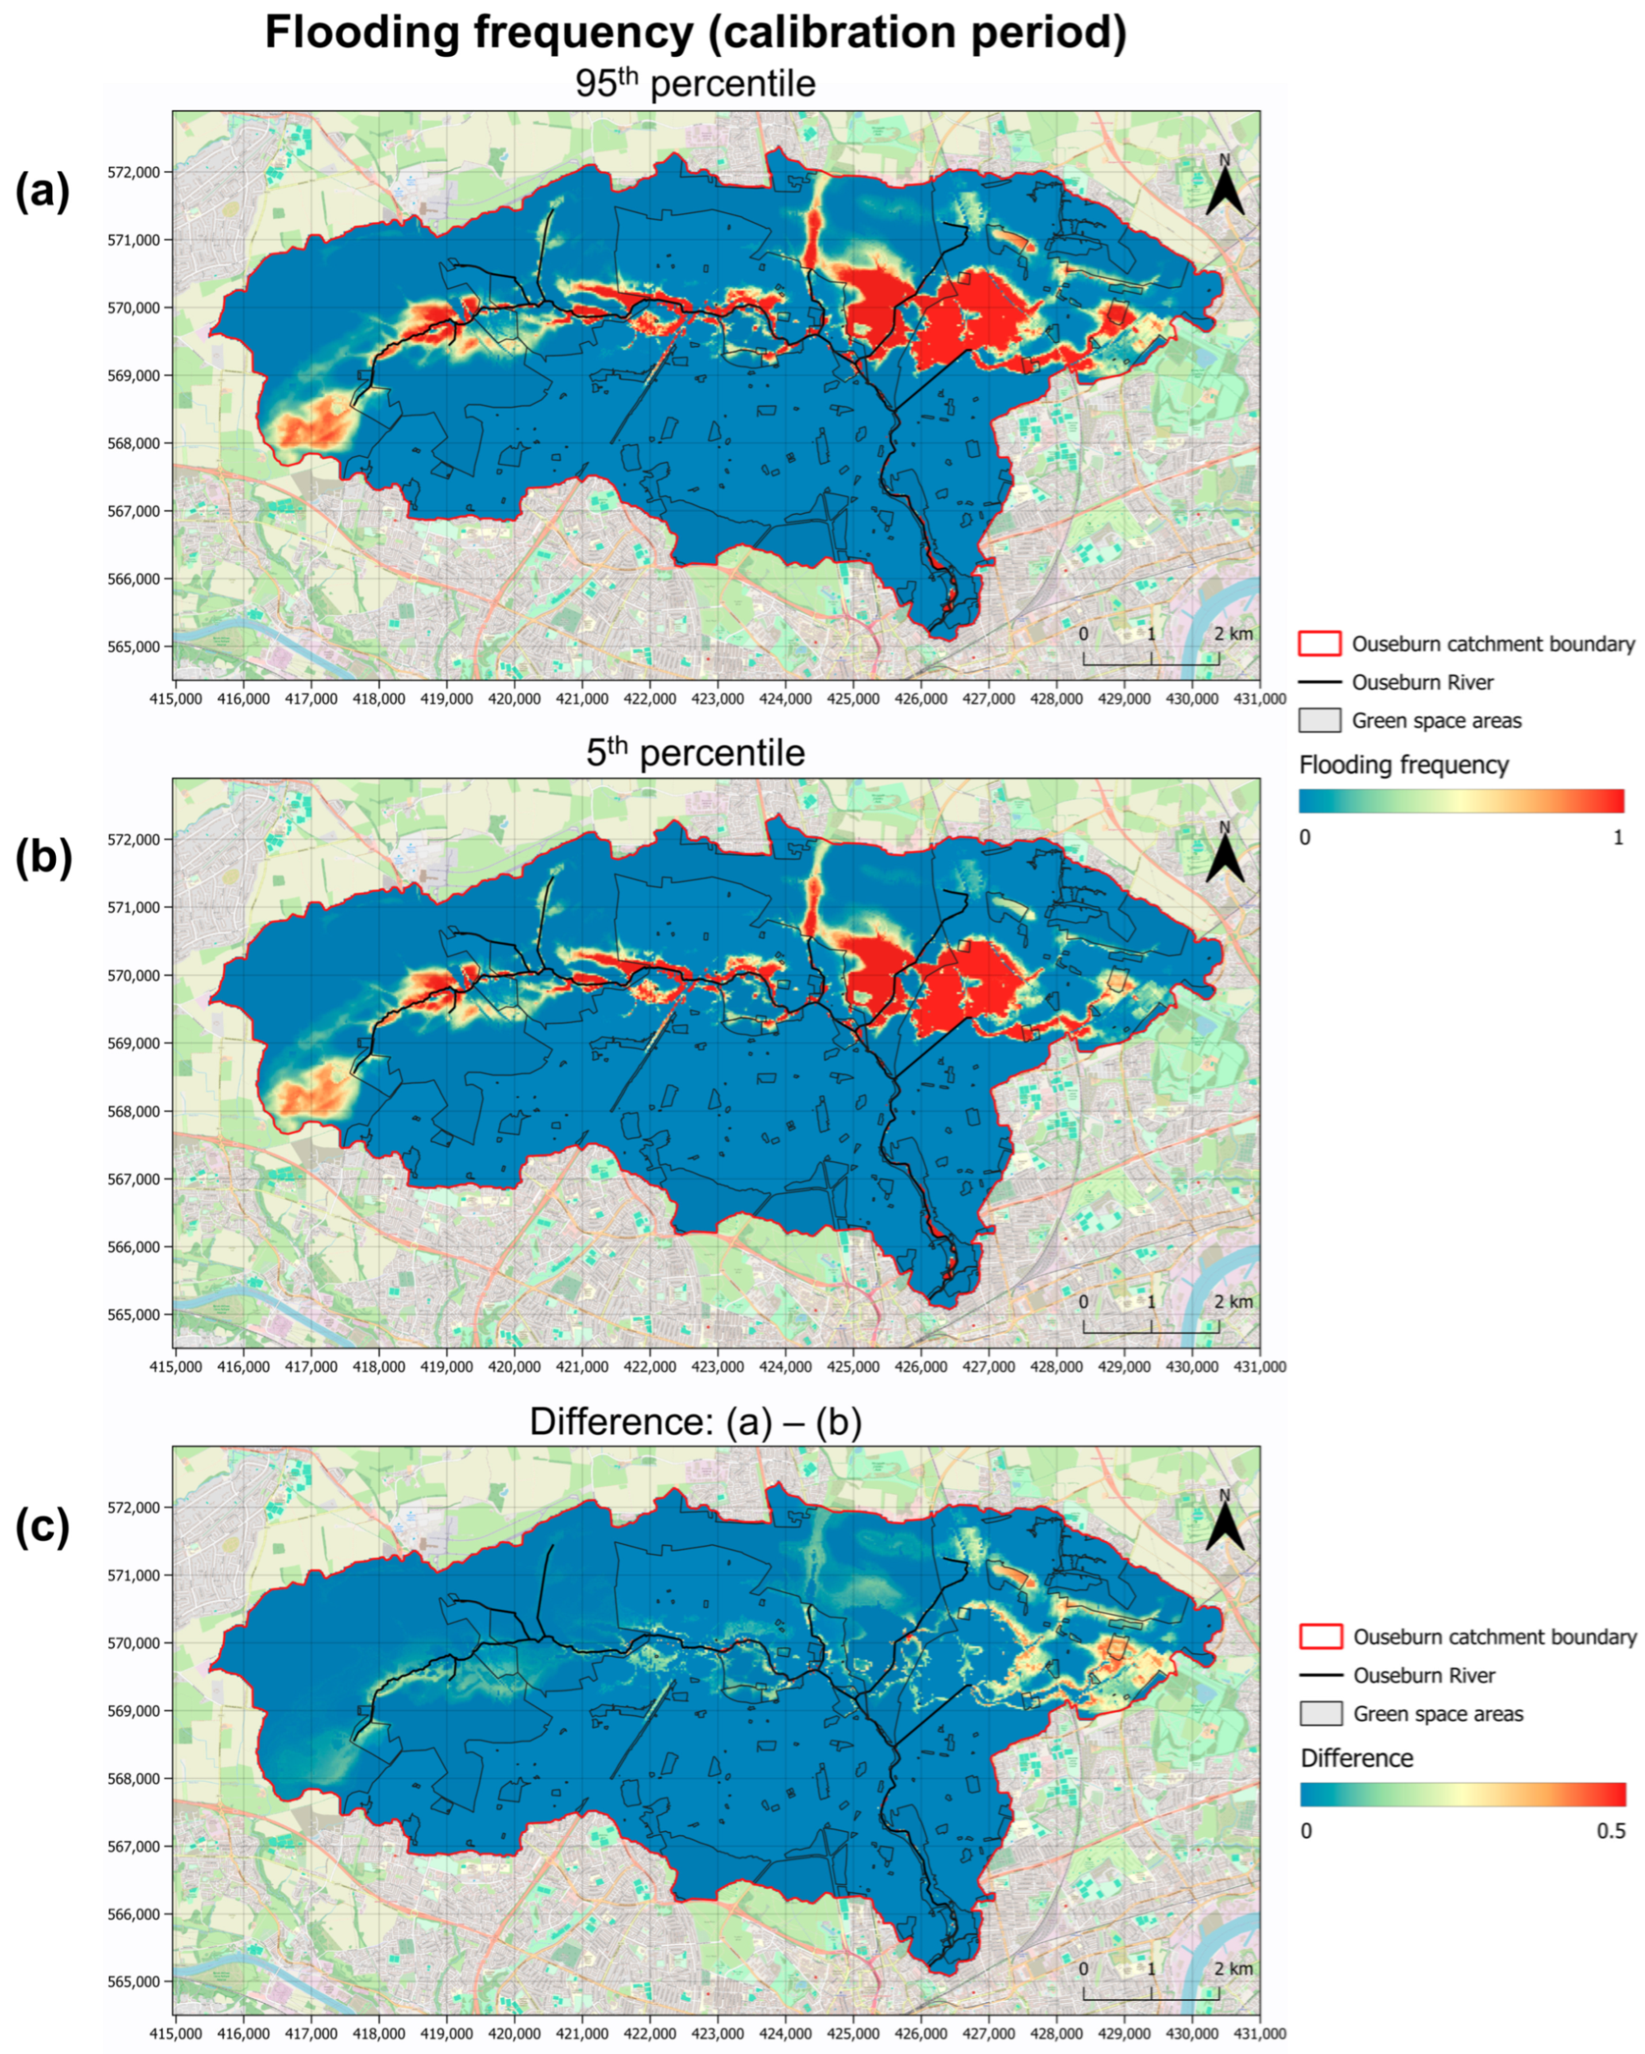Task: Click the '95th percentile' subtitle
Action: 696,84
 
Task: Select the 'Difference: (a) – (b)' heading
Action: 696,1423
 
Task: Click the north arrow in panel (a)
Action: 1224,188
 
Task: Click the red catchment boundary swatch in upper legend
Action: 1319,644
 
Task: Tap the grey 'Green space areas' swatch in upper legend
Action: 1319,720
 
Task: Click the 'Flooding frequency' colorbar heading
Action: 1403,765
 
